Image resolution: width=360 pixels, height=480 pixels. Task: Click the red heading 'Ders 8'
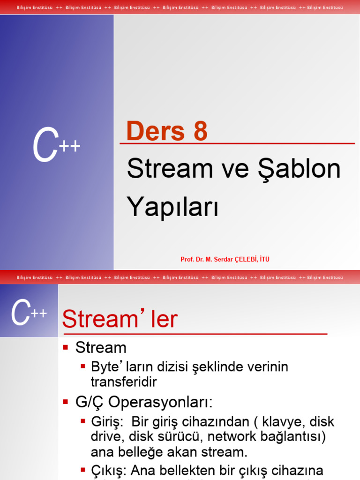tap(167, 131)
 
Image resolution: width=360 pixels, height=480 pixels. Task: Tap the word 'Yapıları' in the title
tap(172, 207)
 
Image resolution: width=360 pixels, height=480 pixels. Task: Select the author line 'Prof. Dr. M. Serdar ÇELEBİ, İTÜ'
tap(225, 259)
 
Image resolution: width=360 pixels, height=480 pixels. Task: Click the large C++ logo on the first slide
tap(56, 147)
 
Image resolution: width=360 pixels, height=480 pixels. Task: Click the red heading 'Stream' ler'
tap(120, 320)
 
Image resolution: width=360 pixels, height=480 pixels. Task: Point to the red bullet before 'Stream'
tap(66, 347)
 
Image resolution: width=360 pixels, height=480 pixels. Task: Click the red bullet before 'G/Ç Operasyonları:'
tap(66, 401)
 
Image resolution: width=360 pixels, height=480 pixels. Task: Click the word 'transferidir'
tap(124, 382)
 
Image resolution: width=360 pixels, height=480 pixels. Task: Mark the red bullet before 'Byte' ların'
tap(83, 366)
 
